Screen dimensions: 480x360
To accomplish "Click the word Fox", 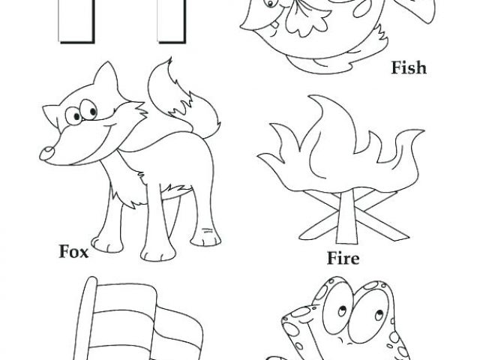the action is [73, 252].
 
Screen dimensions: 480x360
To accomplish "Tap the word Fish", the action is [409, 67].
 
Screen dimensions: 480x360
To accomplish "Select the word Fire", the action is [343, 258].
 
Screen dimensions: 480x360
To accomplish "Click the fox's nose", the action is [46, 153].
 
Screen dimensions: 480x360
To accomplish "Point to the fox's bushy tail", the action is [184, 101].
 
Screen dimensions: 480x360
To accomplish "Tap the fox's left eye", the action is [73, 116].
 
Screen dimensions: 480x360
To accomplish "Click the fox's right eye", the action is [88, 109].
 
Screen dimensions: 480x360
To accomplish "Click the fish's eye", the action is [270, 4].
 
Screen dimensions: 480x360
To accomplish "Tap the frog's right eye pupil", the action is [378, 315].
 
